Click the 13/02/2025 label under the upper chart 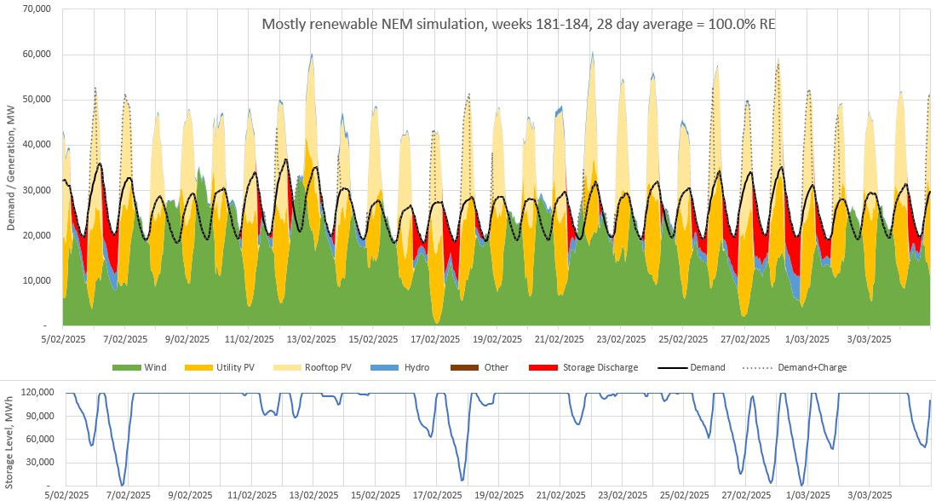311,339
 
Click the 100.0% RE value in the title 742,25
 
